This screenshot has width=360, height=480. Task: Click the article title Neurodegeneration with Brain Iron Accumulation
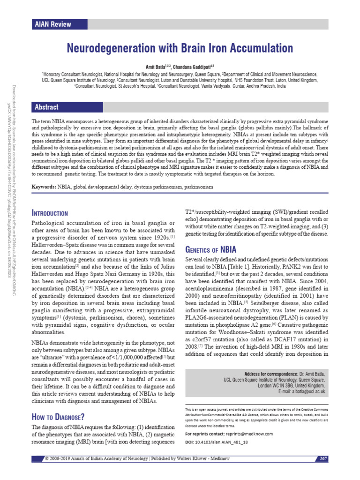click(180, 48)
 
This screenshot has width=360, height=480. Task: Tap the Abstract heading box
click(46, 107)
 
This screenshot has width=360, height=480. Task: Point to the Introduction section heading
click(50, 213)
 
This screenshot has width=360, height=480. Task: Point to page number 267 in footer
click(322, 457)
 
